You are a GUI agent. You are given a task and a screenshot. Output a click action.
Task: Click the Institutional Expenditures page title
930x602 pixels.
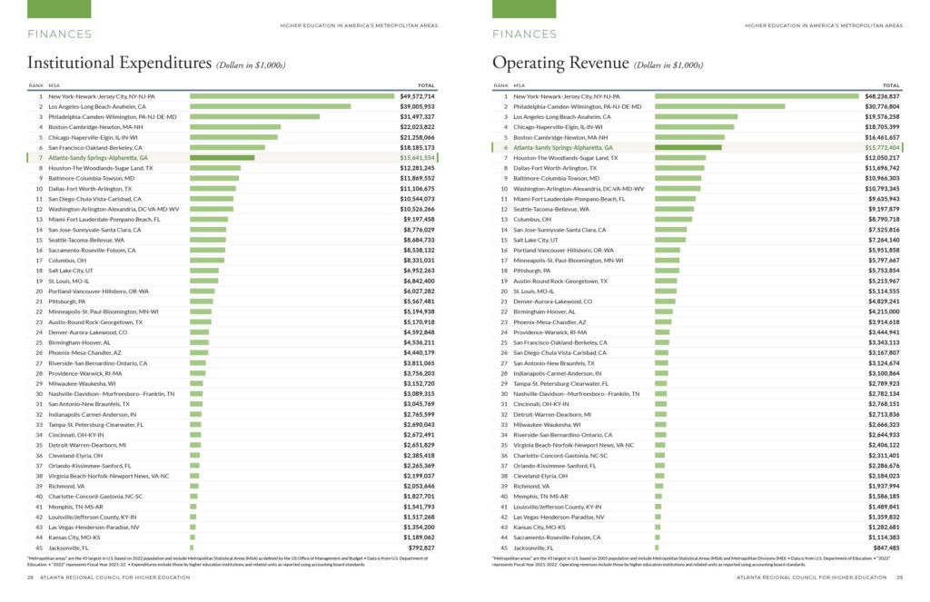coord(119,64)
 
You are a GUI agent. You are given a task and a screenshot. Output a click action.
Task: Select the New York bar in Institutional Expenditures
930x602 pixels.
coord(292,95)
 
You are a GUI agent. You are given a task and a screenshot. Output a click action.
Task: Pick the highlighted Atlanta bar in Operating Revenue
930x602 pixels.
coord(688,147)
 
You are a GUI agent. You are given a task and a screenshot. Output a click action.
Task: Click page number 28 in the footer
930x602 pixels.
coord(30,577)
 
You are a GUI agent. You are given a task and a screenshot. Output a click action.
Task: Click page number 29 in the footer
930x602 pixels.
coord(899,577)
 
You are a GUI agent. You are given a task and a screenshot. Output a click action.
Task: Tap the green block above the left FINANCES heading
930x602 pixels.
coord(59,9)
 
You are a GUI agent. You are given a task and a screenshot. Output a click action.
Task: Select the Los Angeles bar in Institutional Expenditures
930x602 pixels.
coord(270,106)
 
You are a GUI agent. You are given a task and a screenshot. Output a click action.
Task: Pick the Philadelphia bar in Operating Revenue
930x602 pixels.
coord(719,106)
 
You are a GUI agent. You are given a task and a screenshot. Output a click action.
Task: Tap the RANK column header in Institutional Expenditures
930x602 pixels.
coord(35,85)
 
